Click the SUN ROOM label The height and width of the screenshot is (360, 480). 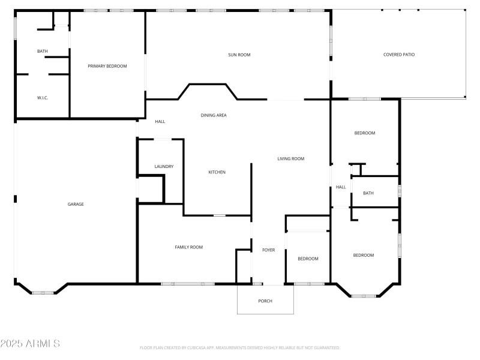pyautogui.click(x=239, y=55)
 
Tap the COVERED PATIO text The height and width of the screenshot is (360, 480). pyautogui.click(x=399, y=55)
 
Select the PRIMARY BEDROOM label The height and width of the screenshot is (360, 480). pyautogui.click(x=107, y=66)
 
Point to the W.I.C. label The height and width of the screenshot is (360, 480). pyautogui.click(x=43, y=97)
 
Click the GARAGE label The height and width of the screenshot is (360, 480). pyautogui.click(x=76, y=204)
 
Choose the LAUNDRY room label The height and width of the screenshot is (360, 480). pyautogui.click(x=164, y=166)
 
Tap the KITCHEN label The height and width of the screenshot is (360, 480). pyautogui.click(x=217, y=172)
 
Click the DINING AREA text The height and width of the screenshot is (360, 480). pyautogui.click(x=214, y=115)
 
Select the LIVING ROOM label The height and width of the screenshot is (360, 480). pyautogui.click(x=290, y=159)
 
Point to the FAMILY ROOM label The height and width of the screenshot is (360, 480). pyautogui.click(x=188, y=247)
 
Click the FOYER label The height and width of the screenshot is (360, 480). pyautogui.click(x=268, y=250)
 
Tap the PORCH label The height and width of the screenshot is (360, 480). pyautogui.click(x=265, y=301)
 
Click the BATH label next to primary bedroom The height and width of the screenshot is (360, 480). pyautogui.click(x=43, y=51)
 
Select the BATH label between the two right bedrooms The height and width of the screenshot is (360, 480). pyautogui.click(x=368, y=193)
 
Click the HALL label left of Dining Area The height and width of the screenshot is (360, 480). pyautogui.click(x=160, y=121)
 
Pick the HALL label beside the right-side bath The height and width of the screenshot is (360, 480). pyautogui.click(x=341, y=187)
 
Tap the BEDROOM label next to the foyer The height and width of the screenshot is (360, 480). pyautogui.click(x=308, y=259)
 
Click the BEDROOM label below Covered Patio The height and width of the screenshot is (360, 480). pyautogui.click(x=364, y=133)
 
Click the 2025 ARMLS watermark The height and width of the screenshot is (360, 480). pyautogui.click(x=30, y=344)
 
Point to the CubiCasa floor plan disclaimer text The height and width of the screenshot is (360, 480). pyautogui.click(x=240, y=347)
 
